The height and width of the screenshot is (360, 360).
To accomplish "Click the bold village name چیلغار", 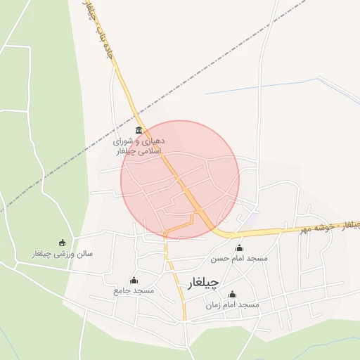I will point(204,283).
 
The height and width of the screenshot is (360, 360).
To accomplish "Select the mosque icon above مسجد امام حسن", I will point(239,247).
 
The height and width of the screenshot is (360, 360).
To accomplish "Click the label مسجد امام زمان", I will point(232,305).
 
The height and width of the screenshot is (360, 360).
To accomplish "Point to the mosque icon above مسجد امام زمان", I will point(232,294).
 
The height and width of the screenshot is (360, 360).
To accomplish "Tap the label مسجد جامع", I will point(134,291).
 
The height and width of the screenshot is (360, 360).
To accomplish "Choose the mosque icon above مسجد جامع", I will point(134,281).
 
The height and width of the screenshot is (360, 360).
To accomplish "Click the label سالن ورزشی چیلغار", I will point(63,253).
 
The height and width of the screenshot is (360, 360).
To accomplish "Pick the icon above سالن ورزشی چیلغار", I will point(62,243).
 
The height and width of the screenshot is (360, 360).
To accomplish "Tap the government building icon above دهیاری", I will point(139,131).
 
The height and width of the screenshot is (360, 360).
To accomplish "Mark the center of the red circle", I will point(180,179).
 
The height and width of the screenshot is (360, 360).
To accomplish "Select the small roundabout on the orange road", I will point(164,232).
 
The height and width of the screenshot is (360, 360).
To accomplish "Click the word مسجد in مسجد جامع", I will point(146,291).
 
